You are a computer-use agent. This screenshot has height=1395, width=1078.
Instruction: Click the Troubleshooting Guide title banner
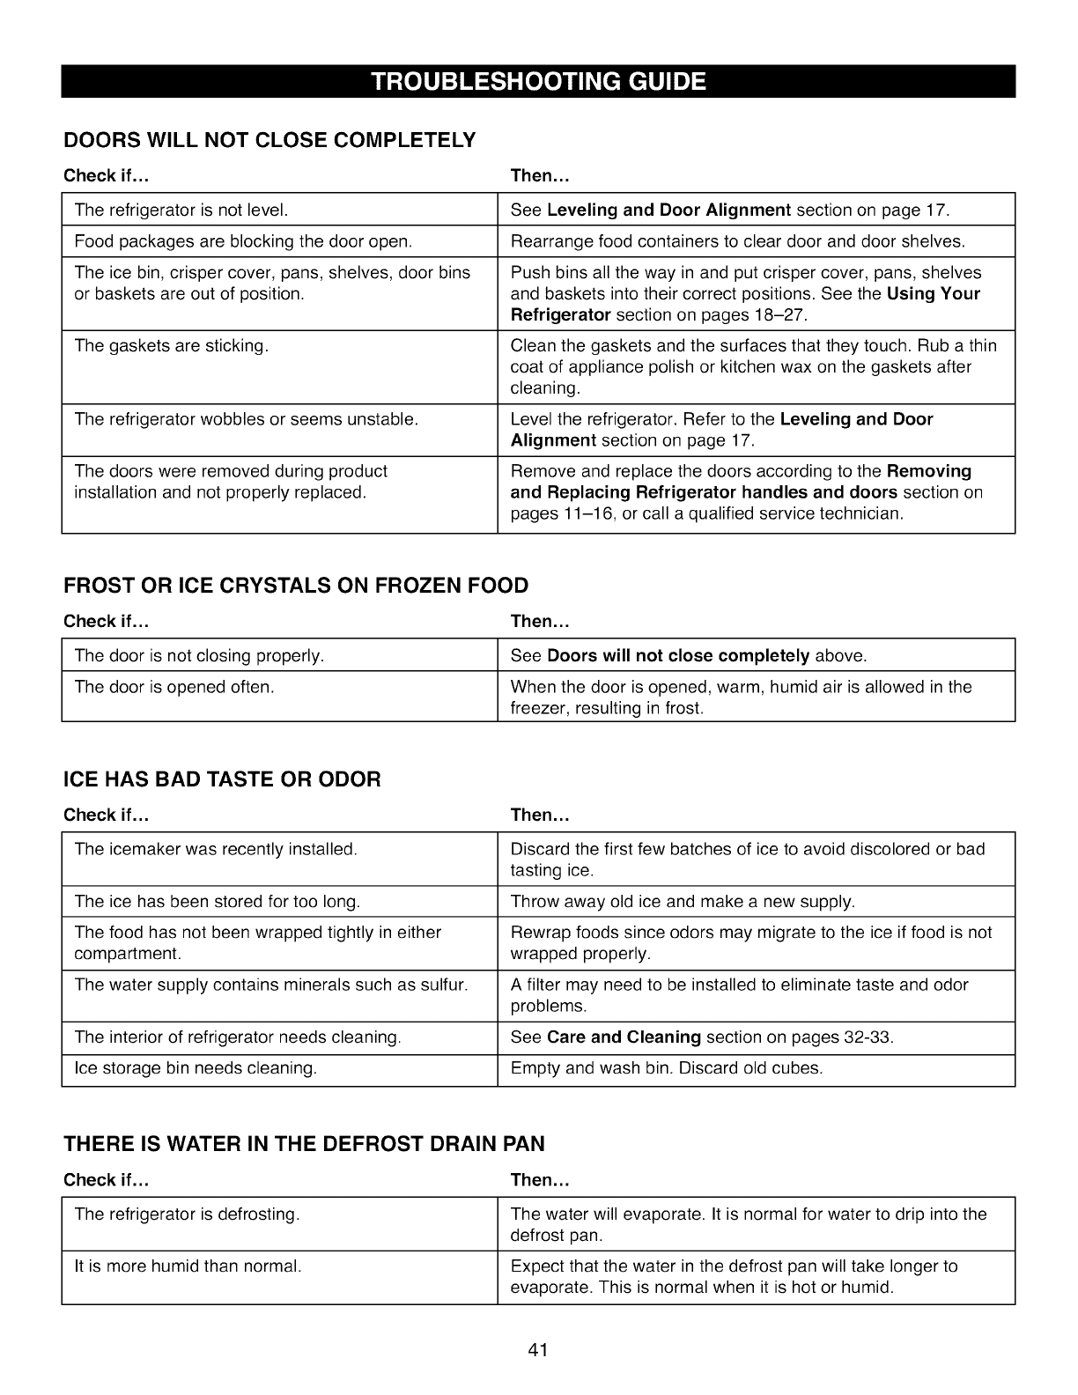click(538, 82)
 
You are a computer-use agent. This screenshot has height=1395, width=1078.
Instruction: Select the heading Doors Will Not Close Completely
click(269, 140)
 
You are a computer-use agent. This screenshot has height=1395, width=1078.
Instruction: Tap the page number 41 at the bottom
click(538, 1350)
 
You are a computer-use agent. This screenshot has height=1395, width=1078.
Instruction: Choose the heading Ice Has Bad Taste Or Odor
click(222, 779)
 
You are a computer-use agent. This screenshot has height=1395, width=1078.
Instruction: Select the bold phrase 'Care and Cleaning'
click(624, 1037)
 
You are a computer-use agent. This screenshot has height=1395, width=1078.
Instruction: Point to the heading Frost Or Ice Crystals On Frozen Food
click(296, 586)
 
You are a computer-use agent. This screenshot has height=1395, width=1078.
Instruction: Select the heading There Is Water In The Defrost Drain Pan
click(304, 1144)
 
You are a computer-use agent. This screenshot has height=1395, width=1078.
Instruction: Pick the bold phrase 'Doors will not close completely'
click(678, 655)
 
